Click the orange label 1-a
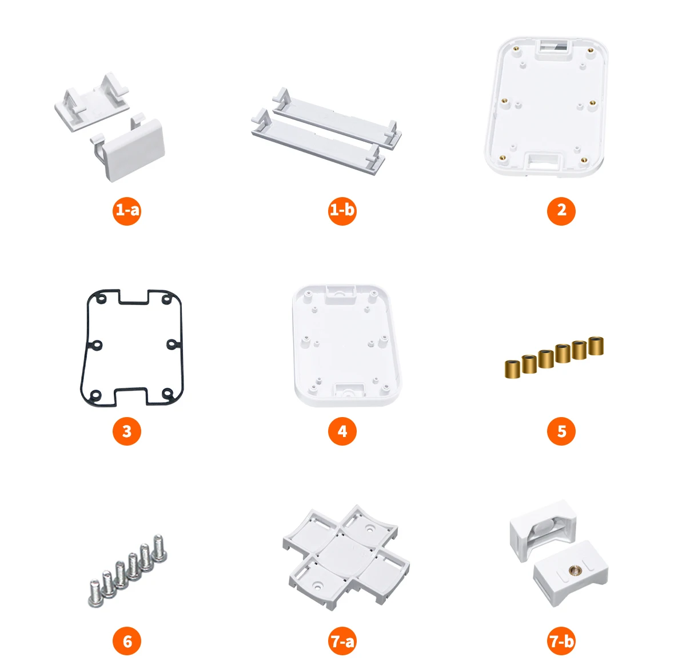tap(127, 211)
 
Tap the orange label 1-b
tap(342, 211)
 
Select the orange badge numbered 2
tap(561, 211)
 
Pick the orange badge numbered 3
tap(127, 431)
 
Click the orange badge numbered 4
tap(342, 431)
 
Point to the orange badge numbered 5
tap(561, 431)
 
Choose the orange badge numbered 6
tap(127, 642)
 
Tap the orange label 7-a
tap(342, 642)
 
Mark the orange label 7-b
tap(561, 642)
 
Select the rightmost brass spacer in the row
tap(596, 346)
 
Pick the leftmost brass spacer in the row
tap(512, 368)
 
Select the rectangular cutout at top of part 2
tap(553, 49)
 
